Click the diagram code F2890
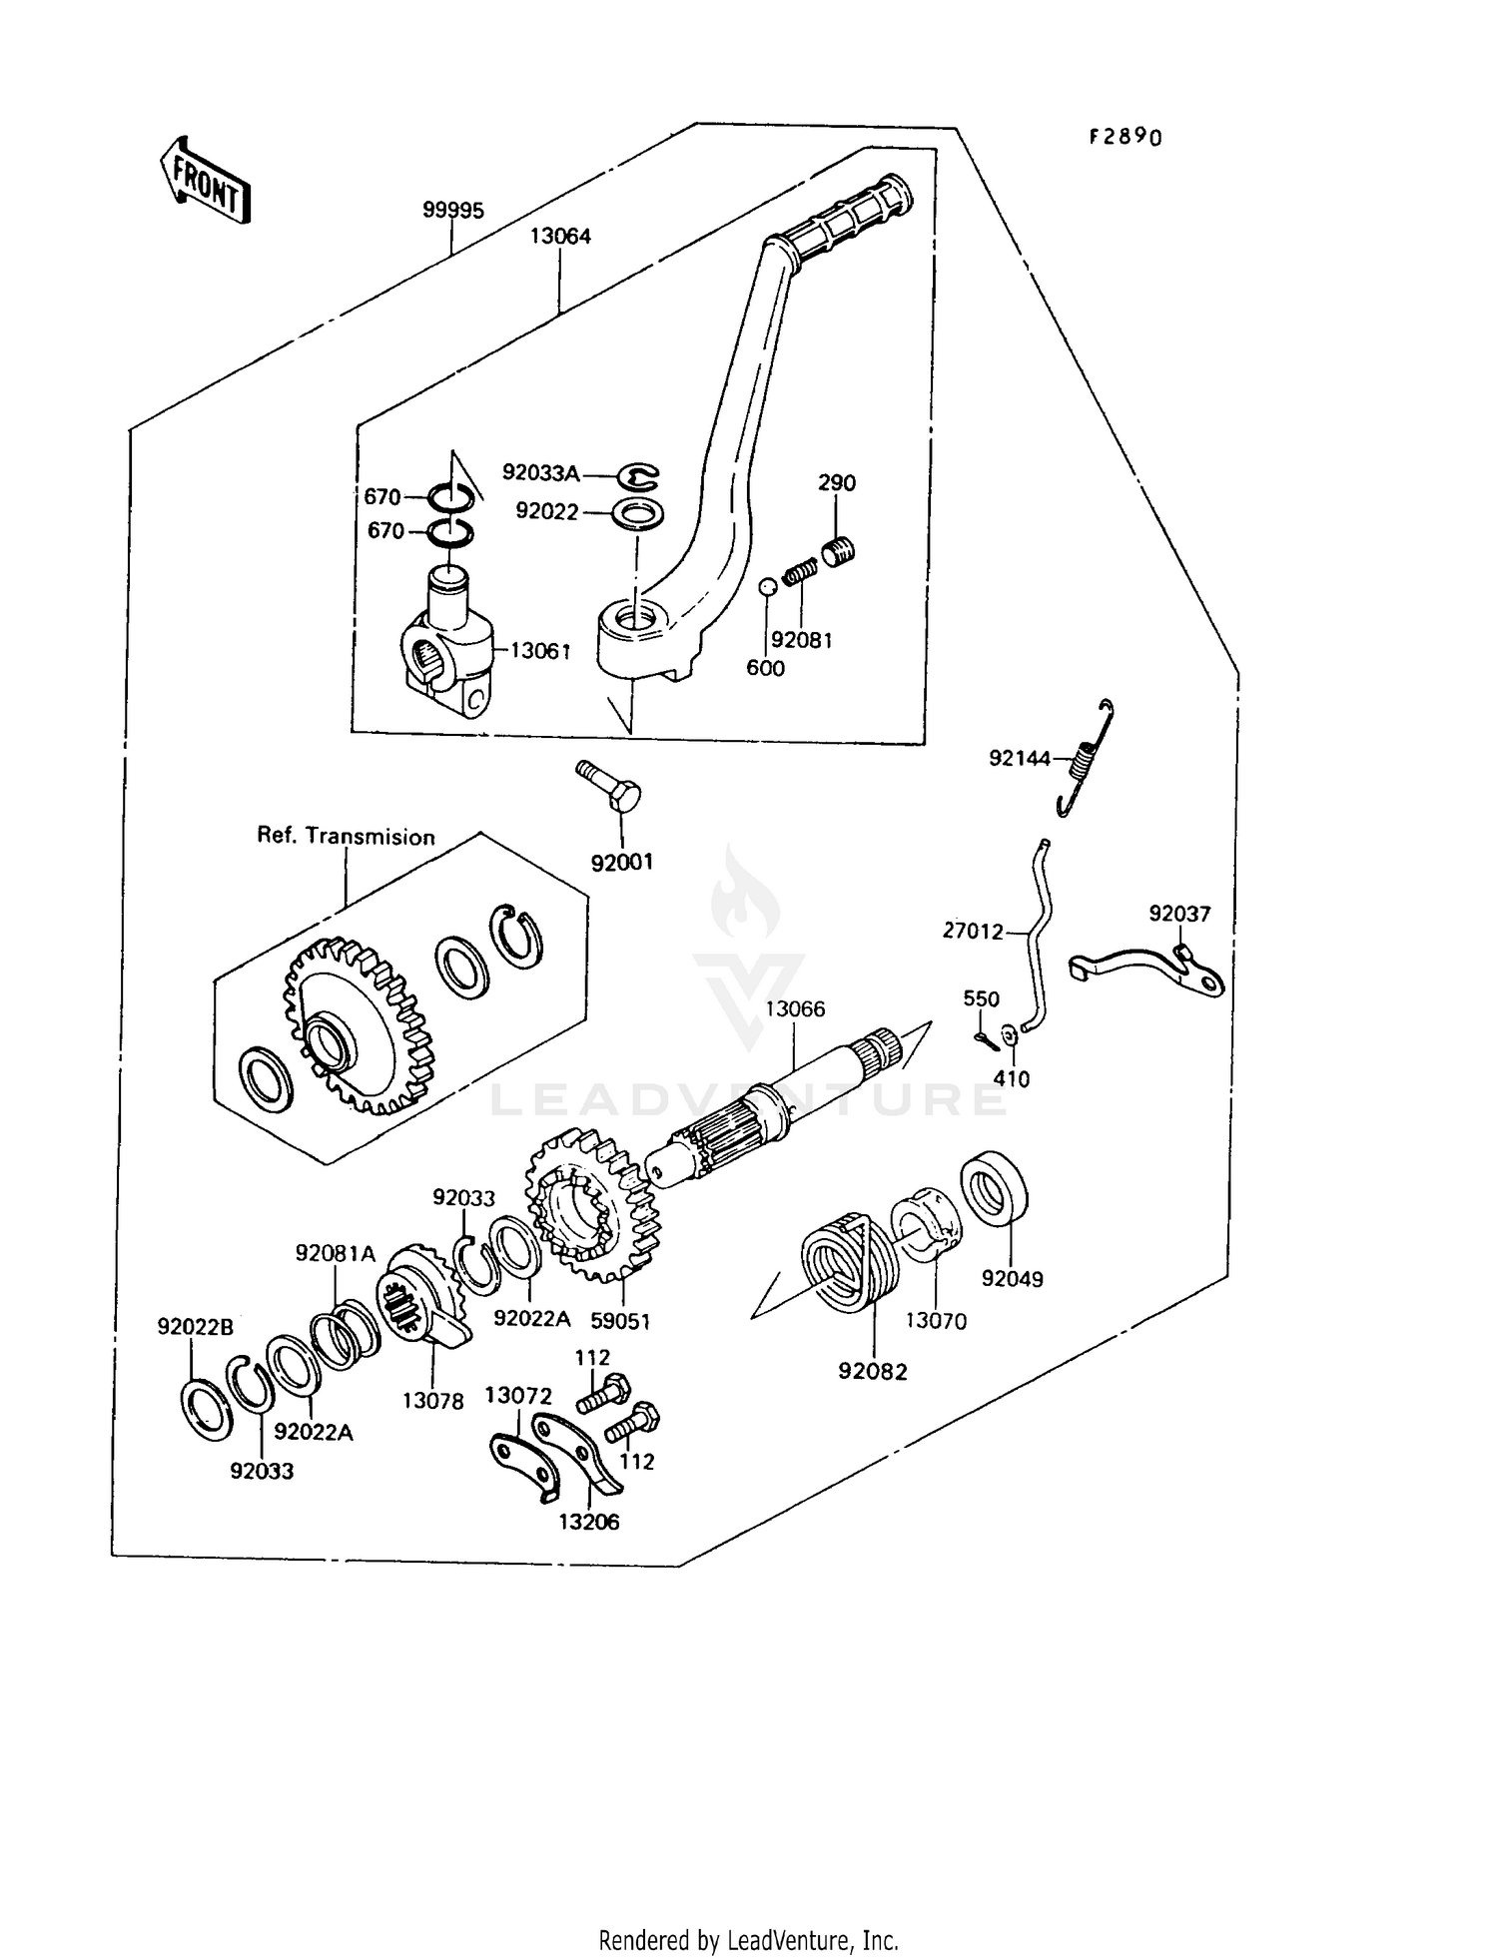pos(1125,137)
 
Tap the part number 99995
pos(452,211)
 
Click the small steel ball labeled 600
pos(766,588)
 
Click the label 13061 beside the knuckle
pos(540,651)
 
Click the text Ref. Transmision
pos(346,837)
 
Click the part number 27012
pos(973,932)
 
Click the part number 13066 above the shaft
pos(795,1009)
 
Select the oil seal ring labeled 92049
pos(996,1188)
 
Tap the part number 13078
pos(432,1401)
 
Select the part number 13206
pos(588,1522)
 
